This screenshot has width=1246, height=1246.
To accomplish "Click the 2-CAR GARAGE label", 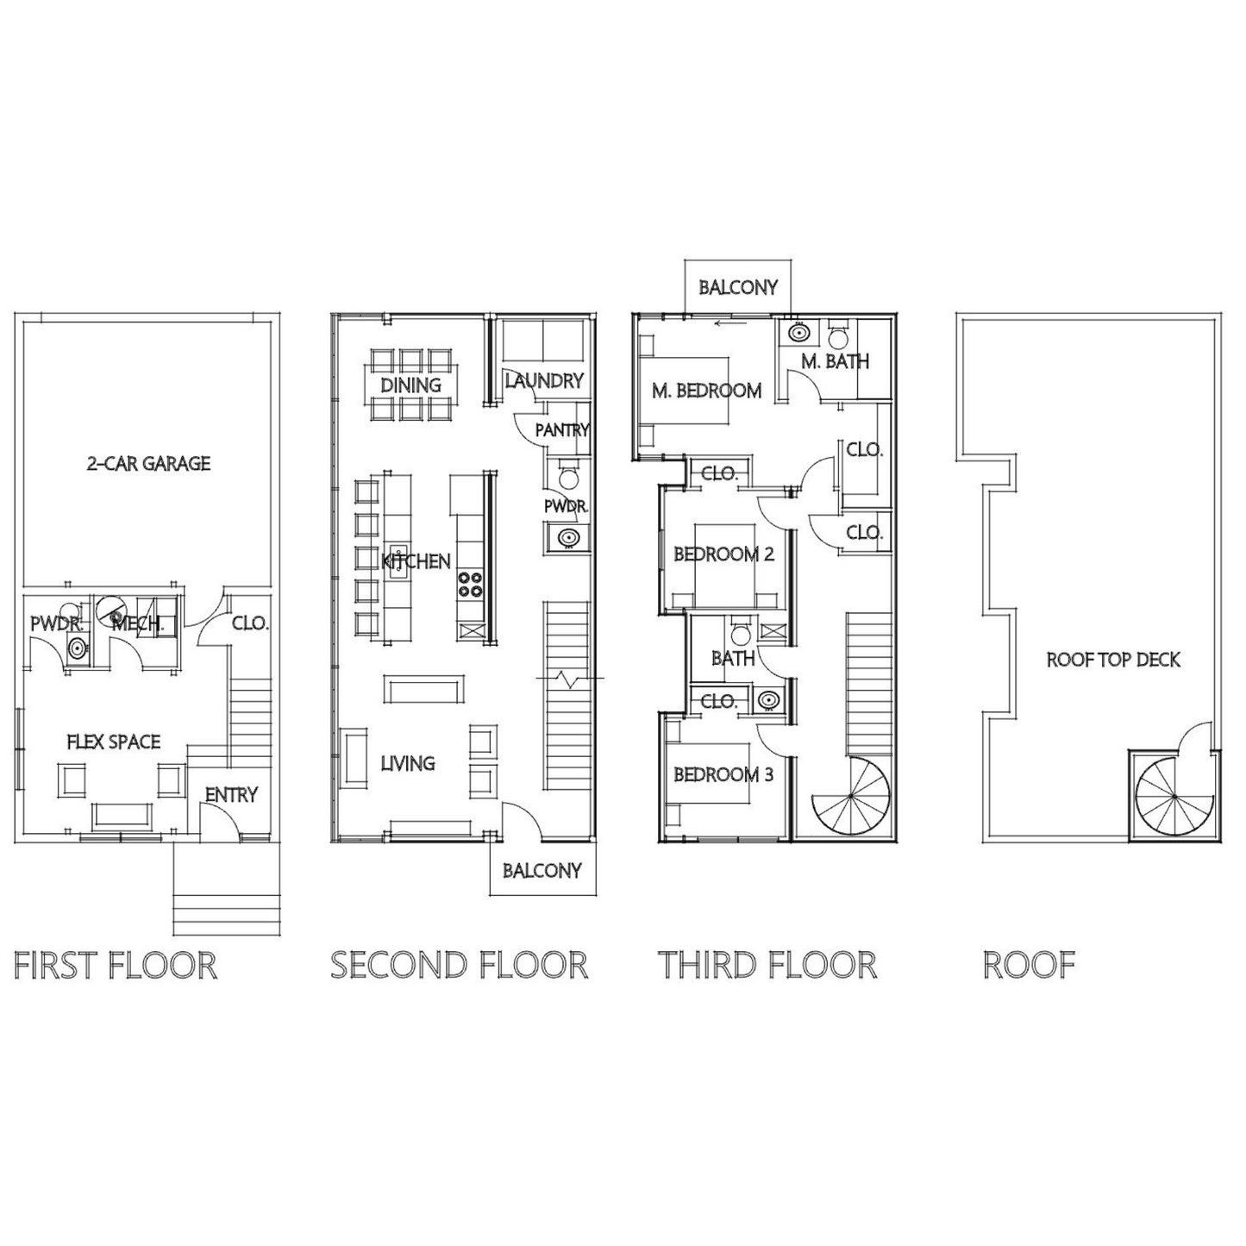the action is click(x=148, y=464).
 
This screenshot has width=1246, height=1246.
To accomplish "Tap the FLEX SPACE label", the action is click(x=114, y=742).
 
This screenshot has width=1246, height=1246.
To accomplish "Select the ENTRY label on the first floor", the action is click(x=231, y=795).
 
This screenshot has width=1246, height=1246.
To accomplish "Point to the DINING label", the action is click(x=410, y=385).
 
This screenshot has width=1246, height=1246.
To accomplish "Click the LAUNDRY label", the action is click(x=544, y=381).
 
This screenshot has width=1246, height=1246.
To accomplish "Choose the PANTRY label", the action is click(x=562, y=430).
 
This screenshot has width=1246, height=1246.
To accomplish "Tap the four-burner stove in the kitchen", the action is click(x=470, y=584).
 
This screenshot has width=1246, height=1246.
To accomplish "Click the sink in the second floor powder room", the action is click(x=568, y=537).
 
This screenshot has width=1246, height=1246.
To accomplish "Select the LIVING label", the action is click(x=407, y=764).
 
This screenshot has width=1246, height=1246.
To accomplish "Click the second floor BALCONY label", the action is click(x=542, y=871).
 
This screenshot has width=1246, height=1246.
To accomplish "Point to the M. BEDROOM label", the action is click(x=707, y=391).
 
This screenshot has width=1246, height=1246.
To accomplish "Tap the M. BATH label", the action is click(x=836, y=360).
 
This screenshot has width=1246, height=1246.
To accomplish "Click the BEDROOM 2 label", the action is click(x=723, y=554).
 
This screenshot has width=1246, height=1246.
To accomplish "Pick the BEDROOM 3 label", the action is click(x=723, y=774).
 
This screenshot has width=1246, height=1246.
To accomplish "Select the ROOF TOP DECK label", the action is click(x=1113, y=661).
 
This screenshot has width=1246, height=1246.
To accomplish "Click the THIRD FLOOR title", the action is click(x=767, y=966).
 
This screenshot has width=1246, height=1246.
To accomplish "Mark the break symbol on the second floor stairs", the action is click(x=569, y=679).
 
